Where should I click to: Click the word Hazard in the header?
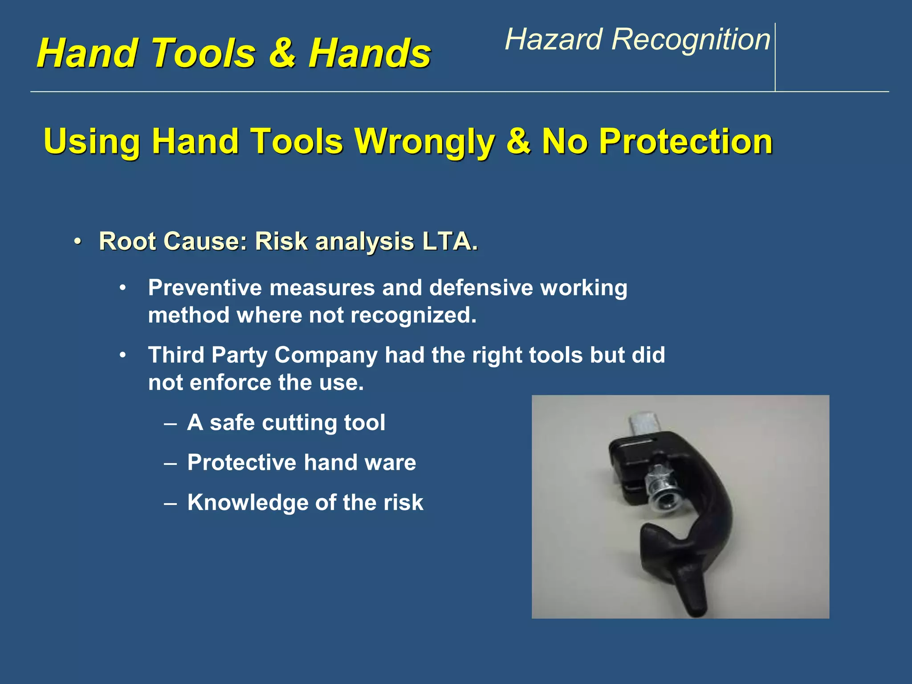coord(554,39)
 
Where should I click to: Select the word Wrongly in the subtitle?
coord(424,142)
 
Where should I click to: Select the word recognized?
coord(413,315)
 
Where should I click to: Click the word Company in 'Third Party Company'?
coord(326,355)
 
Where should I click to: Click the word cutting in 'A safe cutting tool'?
coord(293,423)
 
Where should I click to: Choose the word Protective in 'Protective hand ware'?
coord(242,462)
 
